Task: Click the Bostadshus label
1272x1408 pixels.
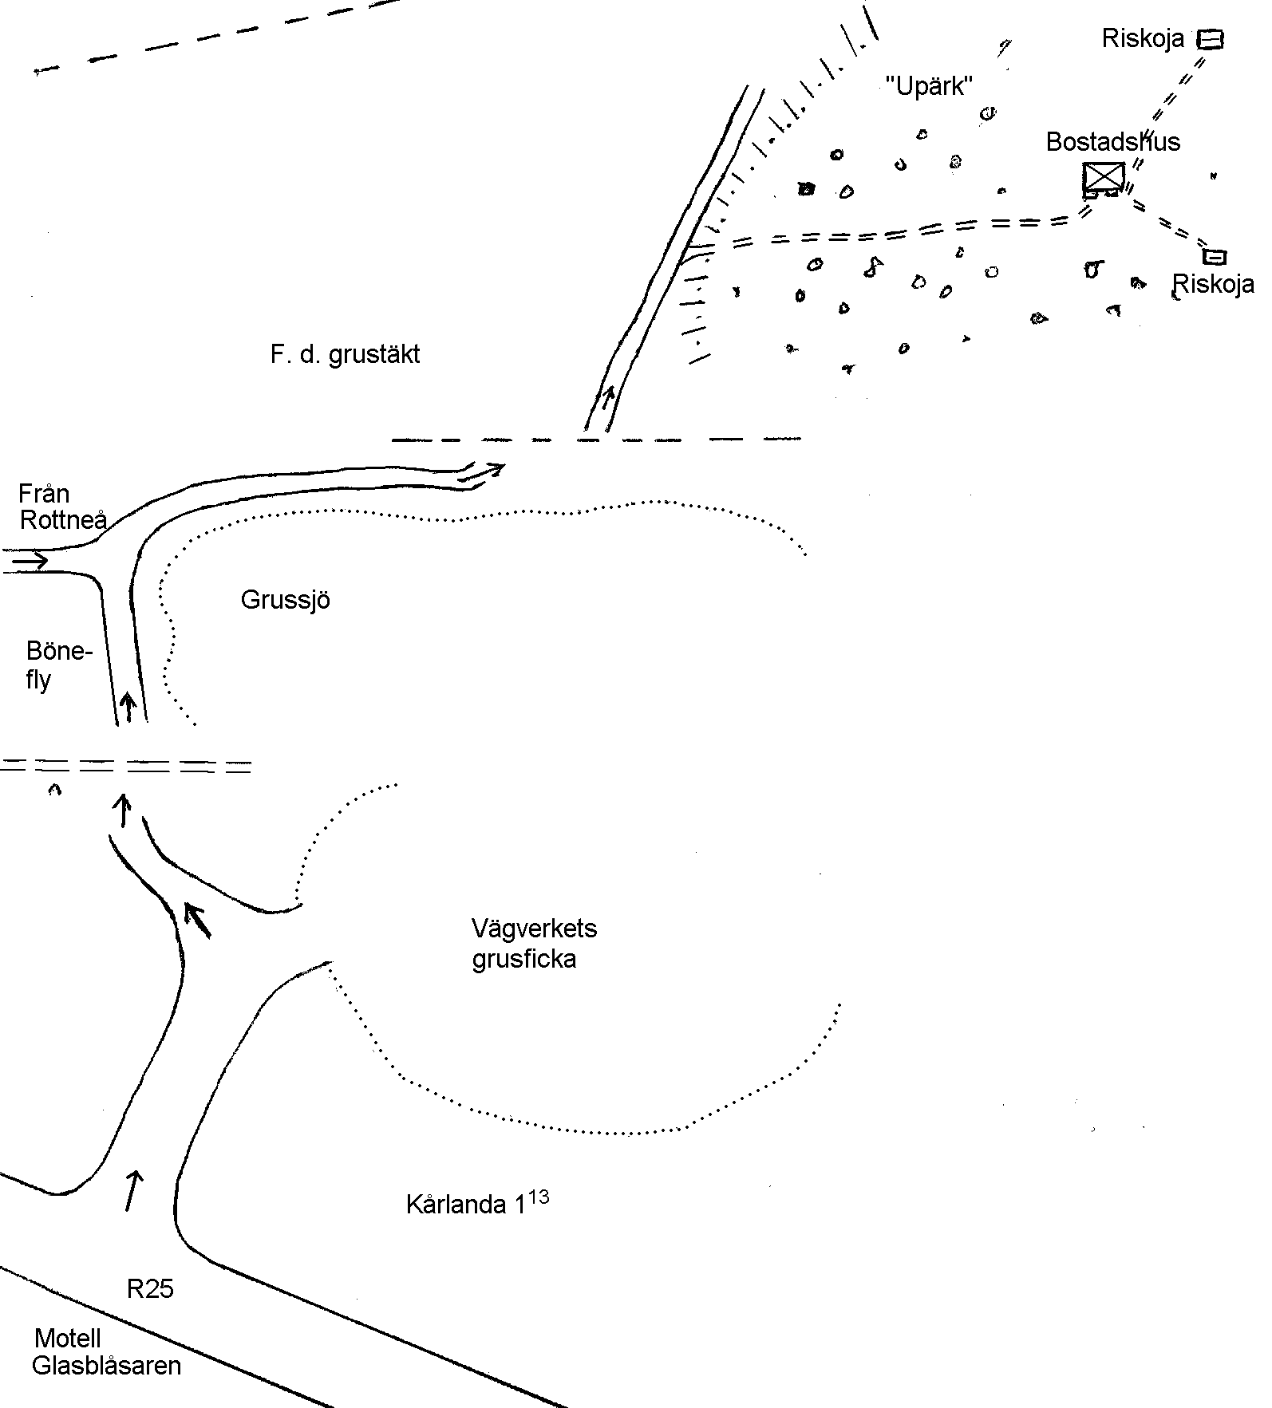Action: click(x=1112, y=142)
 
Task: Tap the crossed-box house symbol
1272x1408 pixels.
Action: click(x=1104, y=177)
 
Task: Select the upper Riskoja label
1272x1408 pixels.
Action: click(x=1143, y=38)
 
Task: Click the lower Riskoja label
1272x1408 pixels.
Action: click(x=1213, y=284)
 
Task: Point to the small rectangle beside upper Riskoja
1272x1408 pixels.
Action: click(x=1211, y=39)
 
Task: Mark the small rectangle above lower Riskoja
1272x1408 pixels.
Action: click(x=1215, y=256)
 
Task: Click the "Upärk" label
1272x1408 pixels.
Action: click(x=930, y=85)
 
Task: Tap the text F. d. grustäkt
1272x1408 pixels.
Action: click(x=345, y=354)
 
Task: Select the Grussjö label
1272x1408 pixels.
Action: click(x=285, y=600)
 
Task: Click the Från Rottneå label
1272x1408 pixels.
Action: click(x=62, y=507)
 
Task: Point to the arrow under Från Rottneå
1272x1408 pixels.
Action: click(x=30, y=562)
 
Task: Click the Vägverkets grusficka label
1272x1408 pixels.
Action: click(x=533, y=943)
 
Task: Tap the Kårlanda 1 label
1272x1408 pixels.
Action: click(x=465, y=1205)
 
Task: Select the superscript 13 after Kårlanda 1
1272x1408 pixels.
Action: click(x=539, y=1197)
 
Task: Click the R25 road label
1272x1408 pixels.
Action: click(x=150, y=1289)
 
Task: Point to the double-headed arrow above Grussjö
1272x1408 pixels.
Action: click(x=482, y=471)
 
